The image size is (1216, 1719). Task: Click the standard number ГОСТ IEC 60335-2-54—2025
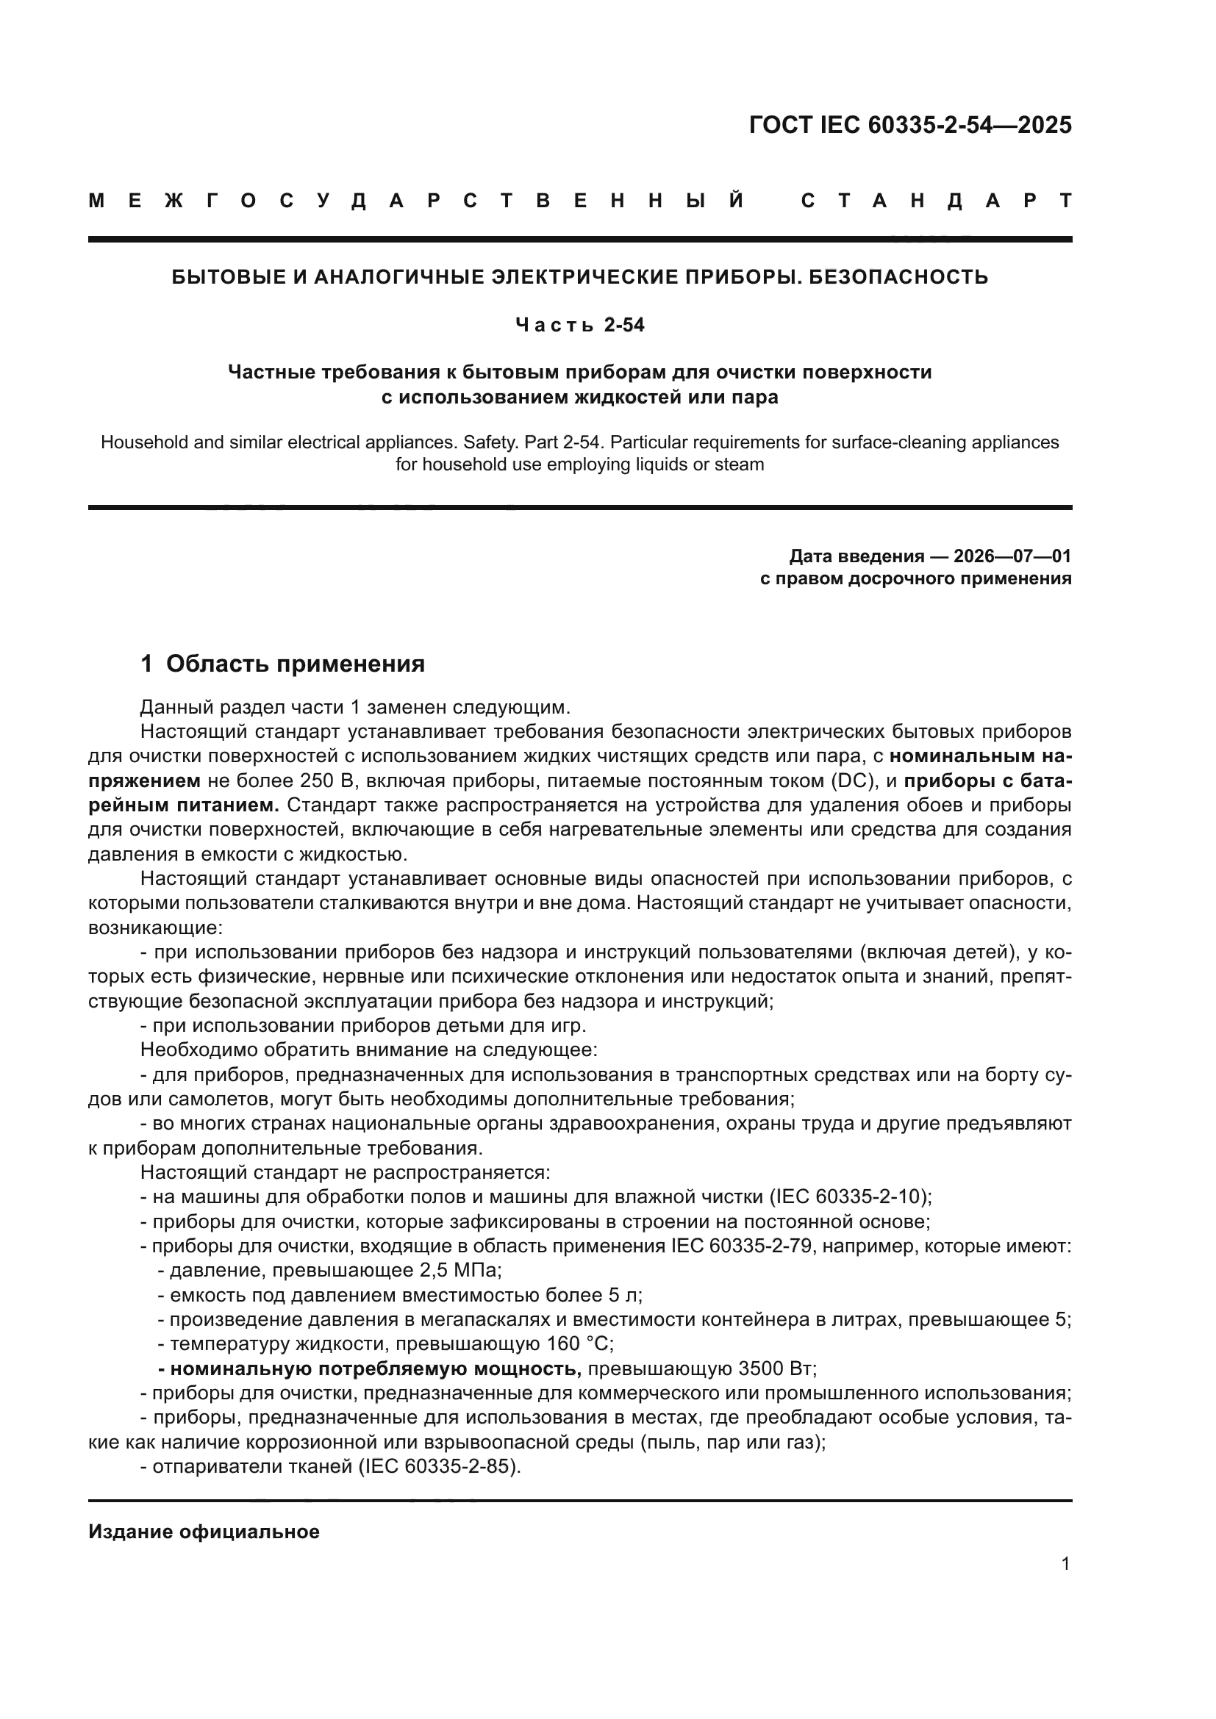tap(909, 125)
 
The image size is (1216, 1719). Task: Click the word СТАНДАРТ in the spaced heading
tap(936, 201)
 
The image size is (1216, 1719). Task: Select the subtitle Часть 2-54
tap(580, 326)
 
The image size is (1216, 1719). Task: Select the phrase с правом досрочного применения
tap(916, 578)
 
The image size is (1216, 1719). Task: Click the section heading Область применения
tap(295, 664)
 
